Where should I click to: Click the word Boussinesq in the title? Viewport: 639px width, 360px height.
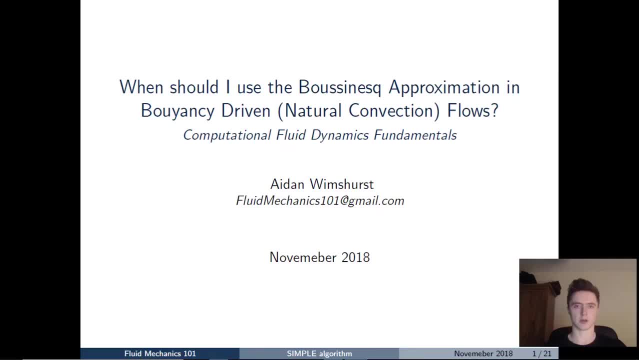[339, 87]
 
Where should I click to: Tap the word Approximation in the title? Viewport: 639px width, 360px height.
[444, 87]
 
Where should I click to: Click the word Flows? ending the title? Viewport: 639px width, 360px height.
[472, 110]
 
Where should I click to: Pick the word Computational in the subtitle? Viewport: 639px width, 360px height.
[227, 135]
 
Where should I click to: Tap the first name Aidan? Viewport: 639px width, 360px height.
[287, 184]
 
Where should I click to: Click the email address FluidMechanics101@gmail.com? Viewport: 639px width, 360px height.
[320, 201]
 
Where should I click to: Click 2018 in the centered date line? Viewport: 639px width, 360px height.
[355, 257]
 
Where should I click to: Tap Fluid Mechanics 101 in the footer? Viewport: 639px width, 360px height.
[160, 353]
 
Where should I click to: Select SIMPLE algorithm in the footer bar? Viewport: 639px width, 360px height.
[319, 353]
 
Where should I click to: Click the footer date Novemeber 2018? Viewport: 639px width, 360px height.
[483, 353]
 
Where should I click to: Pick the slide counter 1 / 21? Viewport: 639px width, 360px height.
[541, 353]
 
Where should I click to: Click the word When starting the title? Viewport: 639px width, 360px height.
[142, 87]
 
